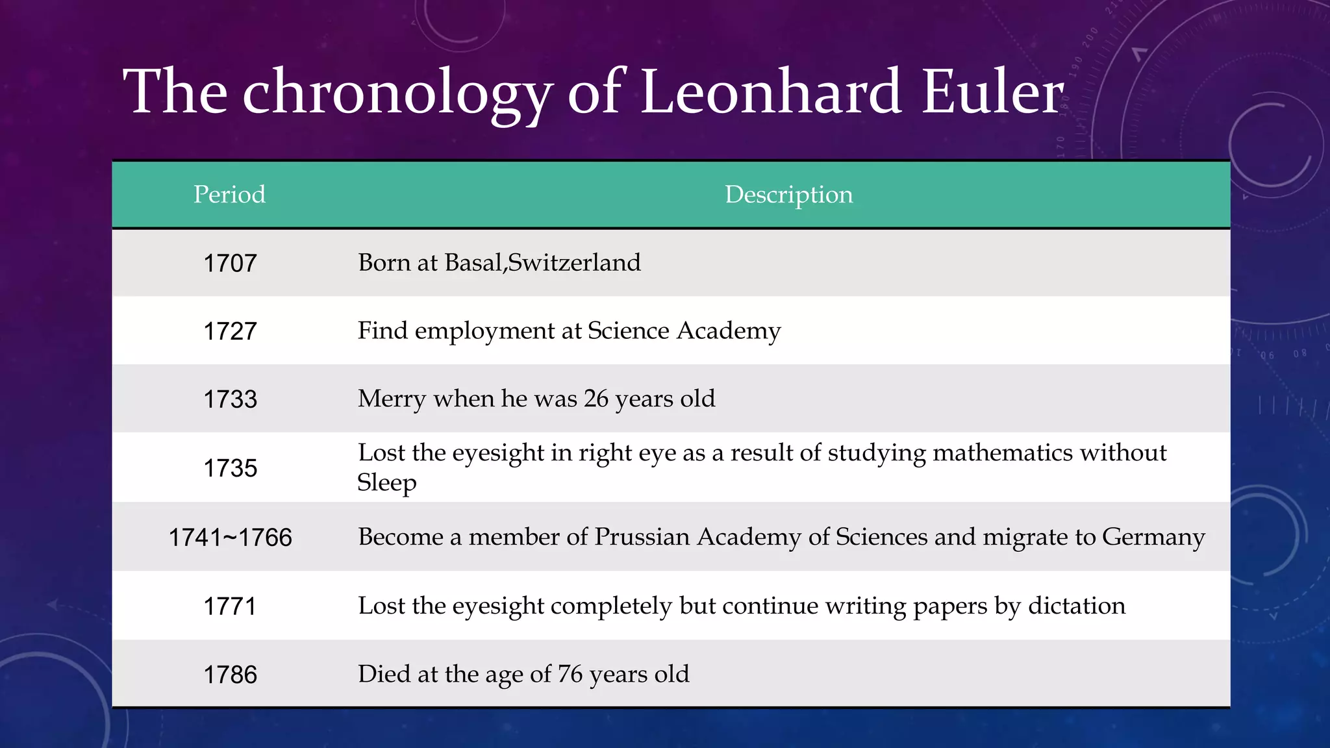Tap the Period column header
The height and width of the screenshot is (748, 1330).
click(229, 194)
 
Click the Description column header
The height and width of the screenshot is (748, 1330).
click(788, 194)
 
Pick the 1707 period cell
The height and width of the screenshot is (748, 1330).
click(230, 263)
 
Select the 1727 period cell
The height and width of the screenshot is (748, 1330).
click(230, 331)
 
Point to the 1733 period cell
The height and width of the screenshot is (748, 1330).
click(230, 399)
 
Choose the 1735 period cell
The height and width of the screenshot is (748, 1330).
click(230, 468)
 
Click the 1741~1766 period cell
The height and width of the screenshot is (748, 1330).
click(230, 538)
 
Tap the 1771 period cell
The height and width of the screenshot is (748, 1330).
click(230, 606)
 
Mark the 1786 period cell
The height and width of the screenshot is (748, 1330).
click(230, 675)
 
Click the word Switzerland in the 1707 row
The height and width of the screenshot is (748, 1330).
click(574, 262)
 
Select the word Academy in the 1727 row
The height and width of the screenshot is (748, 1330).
click(729, 331)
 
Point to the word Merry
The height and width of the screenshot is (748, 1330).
click(392, 399)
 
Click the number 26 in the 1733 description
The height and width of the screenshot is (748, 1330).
click(596, 399)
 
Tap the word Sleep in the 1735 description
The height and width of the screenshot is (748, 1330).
click(387, 483)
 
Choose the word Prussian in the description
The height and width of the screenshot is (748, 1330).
click(642, 537)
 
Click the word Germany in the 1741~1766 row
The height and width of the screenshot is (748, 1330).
click(1153, 538)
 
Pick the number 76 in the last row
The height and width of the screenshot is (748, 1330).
click(570, 674)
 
